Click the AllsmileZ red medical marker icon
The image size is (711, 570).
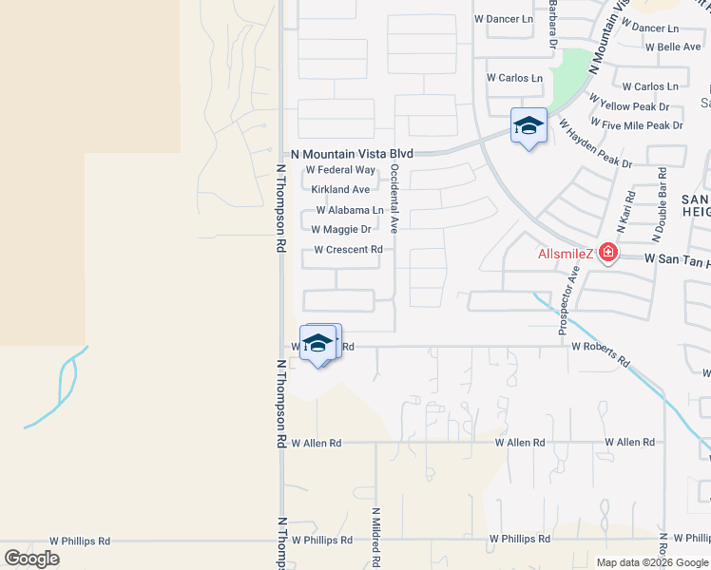(605, 255)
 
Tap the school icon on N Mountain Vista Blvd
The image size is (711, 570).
(528, 126)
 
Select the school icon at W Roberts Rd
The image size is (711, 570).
(319, 343)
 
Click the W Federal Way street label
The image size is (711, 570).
(339, 170)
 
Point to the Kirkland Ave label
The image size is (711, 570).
(340, 190)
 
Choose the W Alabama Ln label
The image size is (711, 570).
(349, 210)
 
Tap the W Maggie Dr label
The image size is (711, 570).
(340, 229)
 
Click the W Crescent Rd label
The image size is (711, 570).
(348, 250)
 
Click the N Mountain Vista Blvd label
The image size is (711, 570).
(352, 153)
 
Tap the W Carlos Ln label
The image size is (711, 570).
(514, 78)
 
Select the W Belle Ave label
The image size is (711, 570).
(673, 47)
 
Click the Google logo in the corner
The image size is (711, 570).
(31, 559)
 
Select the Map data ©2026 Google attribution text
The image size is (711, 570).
(651, 562)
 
